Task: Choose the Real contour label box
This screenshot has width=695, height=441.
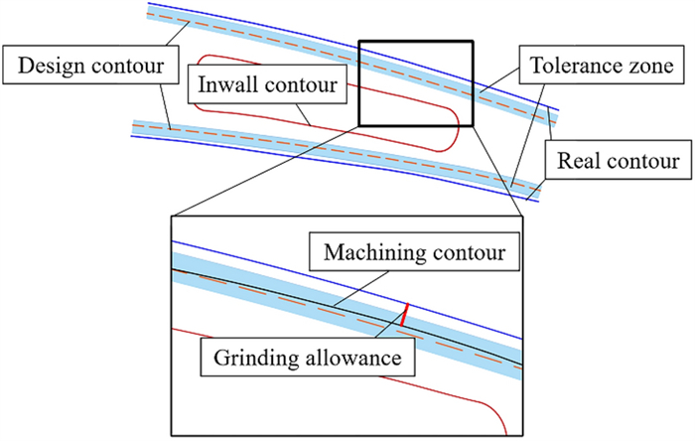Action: tap(618, 159)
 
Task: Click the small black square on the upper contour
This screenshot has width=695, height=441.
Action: tap(415, 83)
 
